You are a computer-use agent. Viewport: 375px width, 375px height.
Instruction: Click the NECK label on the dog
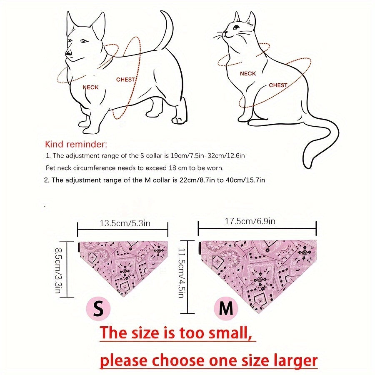[90, 87]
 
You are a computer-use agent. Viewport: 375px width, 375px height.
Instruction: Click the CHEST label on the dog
[125, 80]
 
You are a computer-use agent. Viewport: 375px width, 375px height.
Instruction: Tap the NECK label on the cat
[248, 73]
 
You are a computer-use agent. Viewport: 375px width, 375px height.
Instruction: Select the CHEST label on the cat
[278, 85]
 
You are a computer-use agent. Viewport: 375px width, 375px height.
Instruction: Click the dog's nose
[69, 53]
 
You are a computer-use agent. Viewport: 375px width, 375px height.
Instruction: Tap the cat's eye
[237, 27]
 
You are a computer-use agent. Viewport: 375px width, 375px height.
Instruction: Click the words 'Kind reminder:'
[76, 144]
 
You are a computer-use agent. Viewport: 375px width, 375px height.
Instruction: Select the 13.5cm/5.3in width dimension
[125, 223]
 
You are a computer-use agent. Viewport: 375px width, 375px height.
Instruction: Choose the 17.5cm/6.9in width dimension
[250, 221]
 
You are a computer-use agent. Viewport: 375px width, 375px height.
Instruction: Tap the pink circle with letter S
[98, 308]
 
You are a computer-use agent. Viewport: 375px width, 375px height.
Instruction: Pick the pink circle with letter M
[226, 308]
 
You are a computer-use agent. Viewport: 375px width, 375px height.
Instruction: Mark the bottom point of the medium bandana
[258, 312]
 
